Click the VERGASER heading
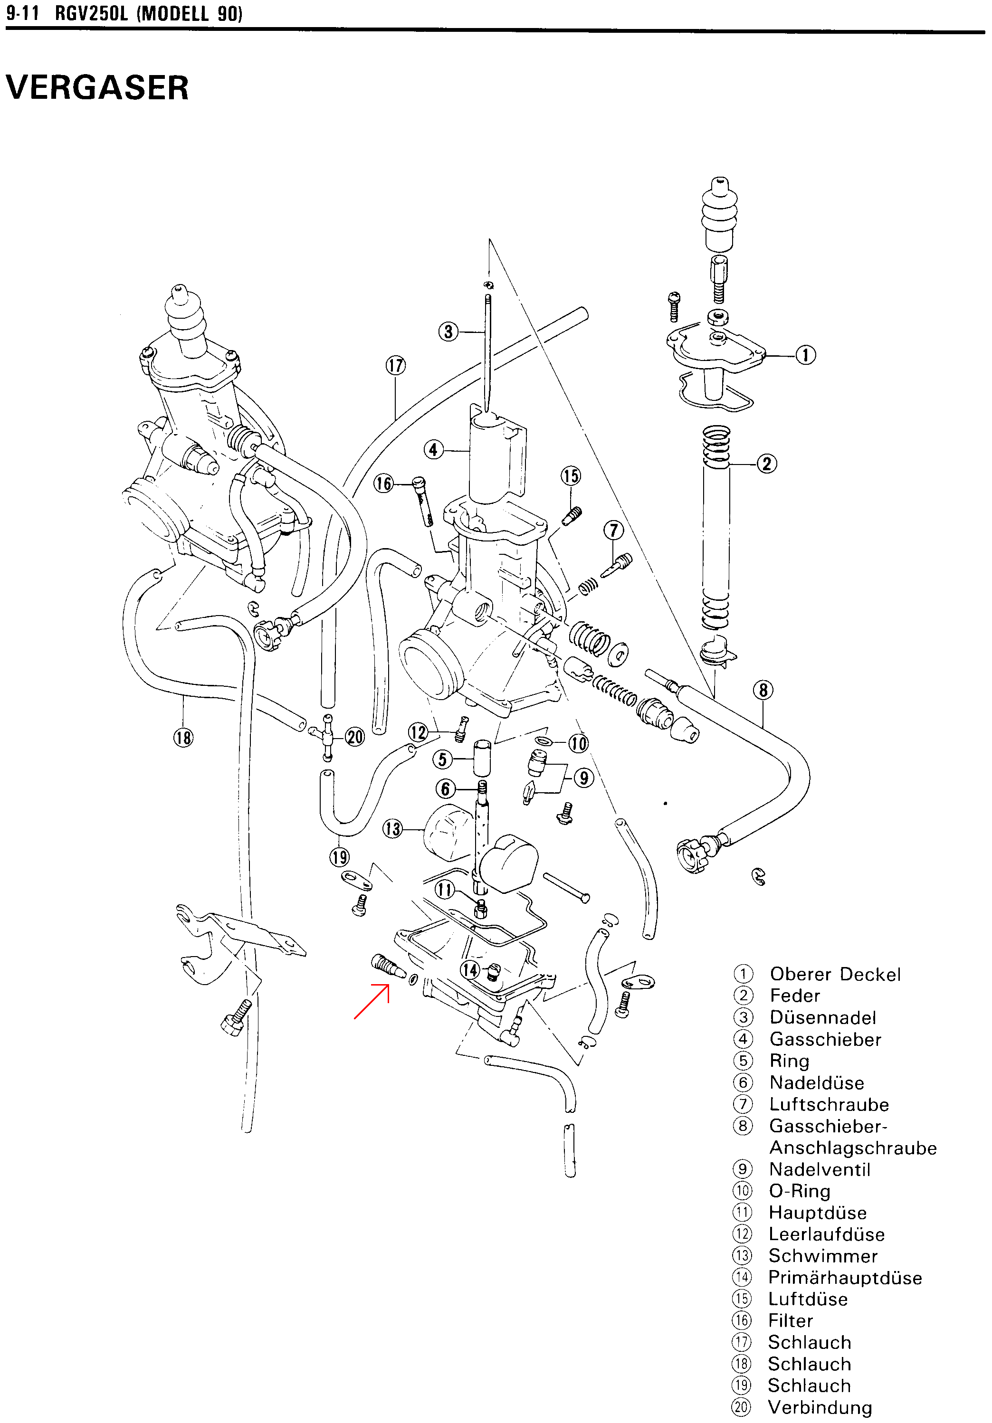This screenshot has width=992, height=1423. tap(97, 87)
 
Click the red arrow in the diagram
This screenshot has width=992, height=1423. tap(372, 1001)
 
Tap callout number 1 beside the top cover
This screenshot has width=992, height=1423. tap(805, 355)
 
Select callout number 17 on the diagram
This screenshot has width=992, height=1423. tap(396, 365)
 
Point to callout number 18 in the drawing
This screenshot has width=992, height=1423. tap(183, 738)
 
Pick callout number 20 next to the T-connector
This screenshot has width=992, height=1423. tap(354, 737)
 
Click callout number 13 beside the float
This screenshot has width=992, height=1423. tap(392, 829)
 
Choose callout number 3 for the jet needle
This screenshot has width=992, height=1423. tap(448, 332)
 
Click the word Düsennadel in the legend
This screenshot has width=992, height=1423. tap(823, 1018)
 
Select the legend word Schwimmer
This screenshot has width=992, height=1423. tap(823, 1256)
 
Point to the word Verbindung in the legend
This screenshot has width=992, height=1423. tap(820, 1407)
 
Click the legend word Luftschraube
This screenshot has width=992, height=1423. tap(829, 1104)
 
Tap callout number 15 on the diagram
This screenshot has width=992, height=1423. tap(571, 476)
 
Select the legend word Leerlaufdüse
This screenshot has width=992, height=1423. tap(827, 1234)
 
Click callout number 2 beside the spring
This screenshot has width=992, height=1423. tap(767, 464)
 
